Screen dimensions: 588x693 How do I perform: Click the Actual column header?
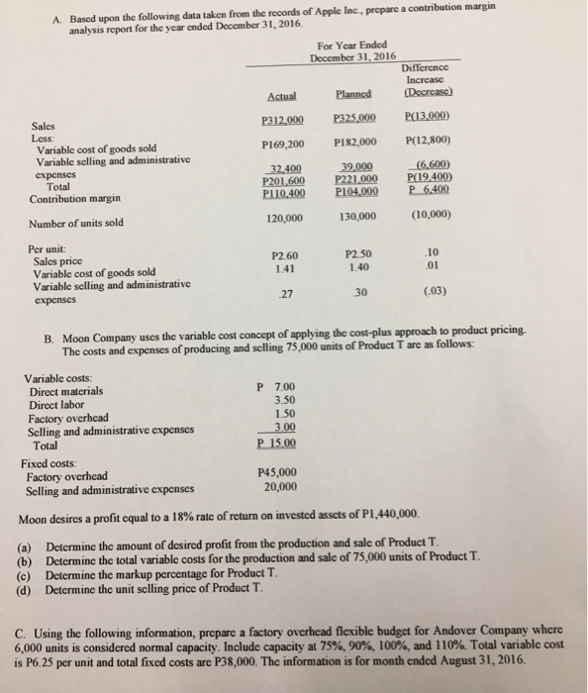click(x=284, y=96)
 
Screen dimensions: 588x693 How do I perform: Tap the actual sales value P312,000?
click(x=284, y=121)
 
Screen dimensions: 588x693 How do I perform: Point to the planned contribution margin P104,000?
click(x=354, y=191)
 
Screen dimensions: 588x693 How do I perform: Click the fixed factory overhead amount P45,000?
click(x=278, y=472)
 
